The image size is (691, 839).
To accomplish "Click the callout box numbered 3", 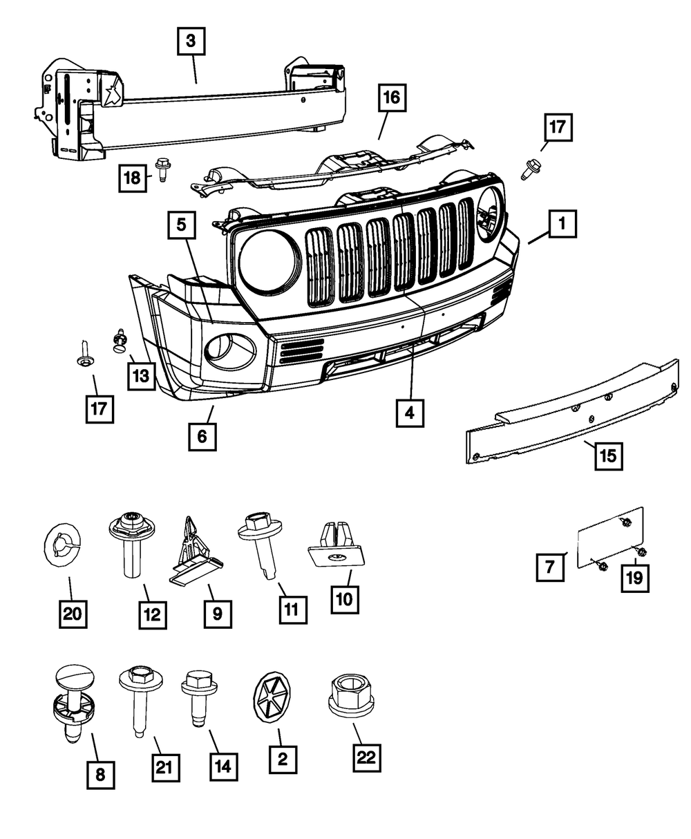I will point(191,41).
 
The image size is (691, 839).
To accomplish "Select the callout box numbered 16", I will point(392,98).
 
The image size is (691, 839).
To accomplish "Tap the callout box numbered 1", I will point(562,224).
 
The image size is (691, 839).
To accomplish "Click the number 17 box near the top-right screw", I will point(558,129).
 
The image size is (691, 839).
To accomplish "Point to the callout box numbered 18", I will point(131,178).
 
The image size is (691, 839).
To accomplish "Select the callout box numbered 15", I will point(607,455).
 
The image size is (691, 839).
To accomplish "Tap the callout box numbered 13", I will point(140,377).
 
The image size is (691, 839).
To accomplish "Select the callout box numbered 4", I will point(410,413).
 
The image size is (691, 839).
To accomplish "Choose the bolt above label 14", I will point(199,695).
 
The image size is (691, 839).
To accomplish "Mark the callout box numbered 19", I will point(634,578).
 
